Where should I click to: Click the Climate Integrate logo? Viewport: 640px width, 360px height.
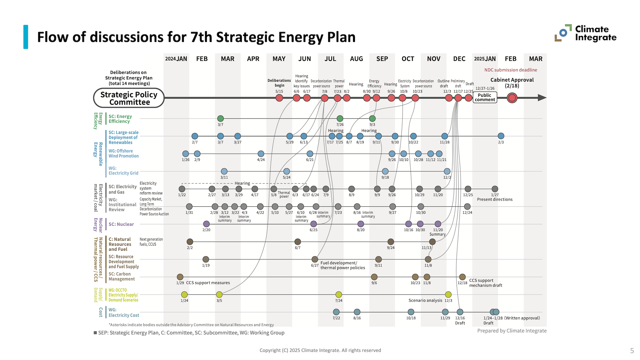click(x=585, y=33)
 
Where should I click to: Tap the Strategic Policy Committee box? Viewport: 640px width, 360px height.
click(x=129, y=98)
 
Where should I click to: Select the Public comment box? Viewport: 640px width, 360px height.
click(x=485, y=97)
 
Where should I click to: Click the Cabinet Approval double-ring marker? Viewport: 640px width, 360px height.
click(x=512, y=98)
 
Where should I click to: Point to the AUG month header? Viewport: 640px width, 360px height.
click(x=356, y=59)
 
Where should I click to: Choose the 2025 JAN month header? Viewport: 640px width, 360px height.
click(x=485, y=59)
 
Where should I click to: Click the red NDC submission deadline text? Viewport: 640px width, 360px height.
click(x=511, y=70)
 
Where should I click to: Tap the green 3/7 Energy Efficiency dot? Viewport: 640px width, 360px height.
click(x=220, y=118)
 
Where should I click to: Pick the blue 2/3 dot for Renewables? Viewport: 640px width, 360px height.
click(x=501, y=136)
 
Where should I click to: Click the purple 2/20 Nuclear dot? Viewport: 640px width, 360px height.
click(x=206, y=224)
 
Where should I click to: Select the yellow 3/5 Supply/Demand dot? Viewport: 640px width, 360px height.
click(x=219, y=295)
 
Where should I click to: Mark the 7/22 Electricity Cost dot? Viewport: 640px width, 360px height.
click(x=336, y=312)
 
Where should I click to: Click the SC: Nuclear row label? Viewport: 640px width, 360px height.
click(x=121, y=224)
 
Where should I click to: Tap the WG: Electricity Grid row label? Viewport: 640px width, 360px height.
click(x=123, y=171)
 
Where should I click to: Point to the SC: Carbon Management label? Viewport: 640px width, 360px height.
click(x=122, y=276)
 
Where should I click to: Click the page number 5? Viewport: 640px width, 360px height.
click(x=632, y=351)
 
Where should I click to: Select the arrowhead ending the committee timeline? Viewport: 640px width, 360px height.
click(x=542, y=98)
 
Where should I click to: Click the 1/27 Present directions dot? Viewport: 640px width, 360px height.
click(x=495, y=189)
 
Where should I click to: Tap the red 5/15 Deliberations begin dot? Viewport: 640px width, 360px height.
click(x=279, y=98)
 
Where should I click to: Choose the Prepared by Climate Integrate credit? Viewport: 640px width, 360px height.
click(x=512, y=331)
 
